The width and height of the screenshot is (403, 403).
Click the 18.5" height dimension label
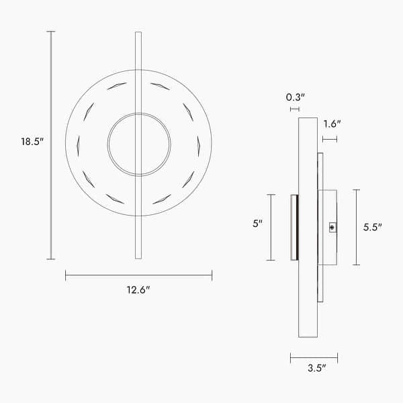(x=32, y=142)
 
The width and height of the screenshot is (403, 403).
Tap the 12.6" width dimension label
(x=139, y=290)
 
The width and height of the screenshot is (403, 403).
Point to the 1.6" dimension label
(x=332, y=124)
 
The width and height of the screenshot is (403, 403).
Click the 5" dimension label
(x=257, y=224)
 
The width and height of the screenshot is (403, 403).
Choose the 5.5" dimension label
(x=372, y=227)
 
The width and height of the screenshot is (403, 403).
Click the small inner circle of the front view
(x=139, y=144)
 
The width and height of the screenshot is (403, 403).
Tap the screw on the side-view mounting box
(x=332, y=228)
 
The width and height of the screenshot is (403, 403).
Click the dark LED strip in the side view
(x=294, y=228)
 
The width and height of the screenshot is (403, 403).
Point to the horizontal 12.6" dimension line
(x=138, y=275)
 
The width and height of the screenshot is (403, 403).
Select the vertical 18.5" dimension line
(x=52, y=145)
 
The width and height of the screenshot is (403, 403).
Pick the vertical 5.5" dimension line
(x=356, y=227)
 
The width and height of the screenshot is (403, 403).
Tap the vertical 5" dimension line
(x=271, y=227)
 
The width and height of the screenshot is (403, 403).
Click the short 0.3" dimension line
(x=294, y=109)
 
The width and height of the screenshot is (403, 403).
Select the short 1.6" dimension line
(x=330, y=139)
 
